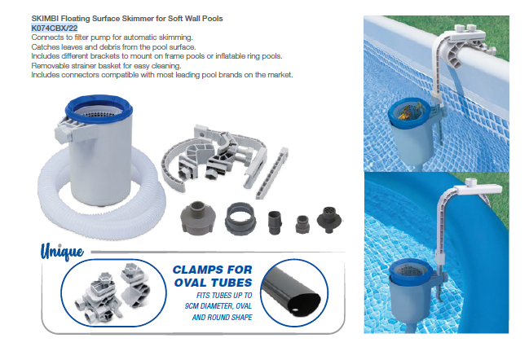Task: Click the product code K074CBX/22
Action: point(55,28)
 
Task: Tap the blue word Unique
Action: point(62,252)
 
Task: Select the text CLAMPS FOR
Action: point(212,270)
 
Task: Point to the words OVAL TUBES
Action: point(214,283)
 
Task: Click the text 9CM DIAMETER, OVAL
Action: point(218,306)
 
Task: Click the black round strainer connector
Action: point(328,219)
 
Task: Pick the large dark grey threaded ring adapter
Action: point(240,220)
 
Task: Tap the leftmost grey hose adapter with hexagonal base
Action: point(198,217)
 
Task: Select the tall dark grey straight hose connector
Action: point(275,222)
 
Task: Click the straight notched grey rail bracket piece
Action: point(271,173)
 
